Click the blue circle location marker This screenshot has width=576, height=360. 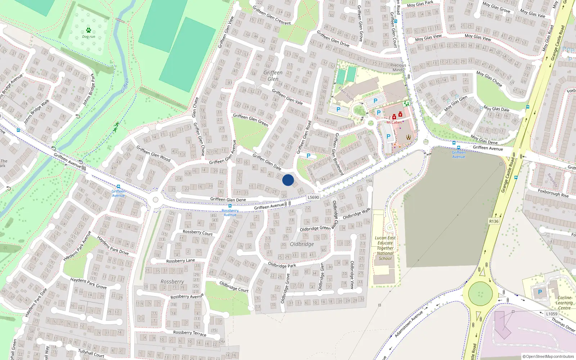[x=288, y=180]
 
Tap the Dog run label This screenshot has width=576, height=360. [x=89, y=37]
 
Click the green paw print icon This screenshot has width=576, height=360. [x=89, y=30]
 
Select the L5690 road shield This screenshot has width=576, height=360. [x=313, y=197]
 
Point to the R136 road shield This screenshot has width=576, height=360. [x=494, y=221]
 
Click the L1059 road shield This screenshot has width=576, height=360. [x=552, y=314]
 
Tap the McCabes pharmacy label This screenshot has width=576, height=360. [x=394, y=122]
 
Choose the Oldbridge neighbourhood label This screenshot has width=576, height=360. [x=302, y=244]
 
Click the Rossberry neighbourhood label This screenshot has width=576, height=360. [x=172, y=282]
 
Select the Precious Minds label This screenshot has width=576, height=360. [x=398, y=67]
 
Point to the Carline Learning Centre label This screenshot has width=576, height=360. [x=564, y=302]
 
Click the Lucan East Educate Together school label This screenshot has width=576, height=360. [x=385, y=248]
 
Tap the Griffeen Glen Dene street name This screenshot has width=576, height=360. [x=228, y=199]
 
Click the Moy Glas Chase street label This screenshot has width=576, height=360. [x=489, y=78]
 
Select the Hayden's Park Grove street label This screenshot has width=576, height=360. [x=88, y=283]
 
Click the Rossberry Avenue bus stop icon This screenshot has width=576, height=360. [x=230, y=206]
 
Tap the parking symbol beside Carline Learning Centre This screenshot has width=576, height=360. [x=540, y=292]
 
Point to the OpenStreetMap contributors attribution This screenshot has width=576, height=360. [x=548, y=356]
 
